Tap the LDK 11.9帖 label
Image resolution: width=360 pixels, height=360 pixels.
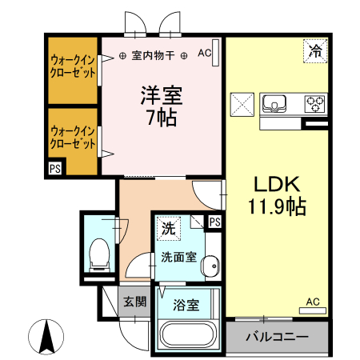[276, 194]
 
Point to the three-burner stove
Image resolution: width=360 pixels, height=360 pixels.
[314, 103]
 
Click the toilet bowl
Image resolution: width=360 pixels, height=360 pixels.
[100, 252]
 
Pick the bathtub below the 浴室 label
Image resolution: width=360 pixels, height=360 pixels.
[191, 335]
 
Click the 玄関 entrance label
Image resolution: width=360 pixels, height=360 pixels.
[134, 302]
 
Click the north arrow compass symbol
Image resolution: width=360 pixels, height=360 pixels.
[47, 335]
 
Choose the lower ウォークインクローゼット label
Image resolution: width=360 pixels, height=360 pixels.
[73, 137]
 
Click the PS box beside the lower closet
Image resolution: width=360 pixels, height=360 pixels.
[54, 169]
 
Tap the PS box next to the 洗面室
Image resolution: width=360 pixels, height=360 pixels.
[214, 222]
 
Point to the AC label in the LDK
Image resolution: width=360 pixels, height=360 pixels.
[313, 302]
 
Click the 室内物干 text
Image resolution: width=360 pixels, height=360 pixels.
[152, 55]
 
